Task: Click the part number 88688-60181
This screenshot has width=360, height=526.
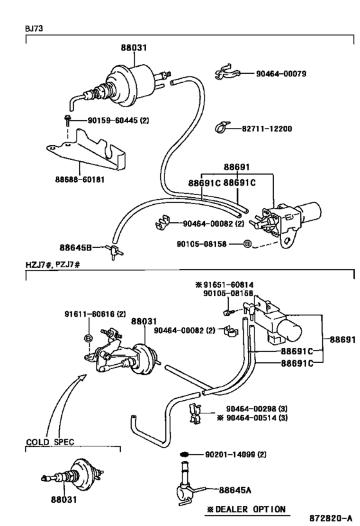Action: (80, 180)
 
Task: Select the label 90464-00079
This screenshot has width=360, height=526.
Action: (281, 73)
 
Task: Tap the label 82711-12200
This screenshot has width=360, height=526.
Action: (267, 129)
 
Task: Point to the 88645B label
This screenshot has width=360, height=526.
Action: (76, 247)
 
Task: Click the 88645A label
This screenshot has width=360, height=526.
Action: (235, 490)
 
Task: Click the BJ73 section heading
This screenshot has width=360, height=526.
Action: (34, 28)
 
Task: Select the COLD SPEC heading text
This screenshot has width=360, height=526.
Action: (50, 442)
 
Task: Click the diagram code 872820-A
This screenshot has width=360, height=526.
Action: (331, 518)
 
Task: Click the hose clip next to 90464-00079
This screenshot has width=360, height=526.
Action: (227, 73)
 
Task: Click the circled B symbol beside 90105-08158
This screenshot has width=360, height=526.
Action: (247, 244)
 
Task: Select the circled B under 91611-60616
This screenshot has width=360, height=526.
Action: (88, 338)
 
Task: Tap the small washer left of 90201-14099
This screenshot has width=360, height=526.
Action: (184, 455)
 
